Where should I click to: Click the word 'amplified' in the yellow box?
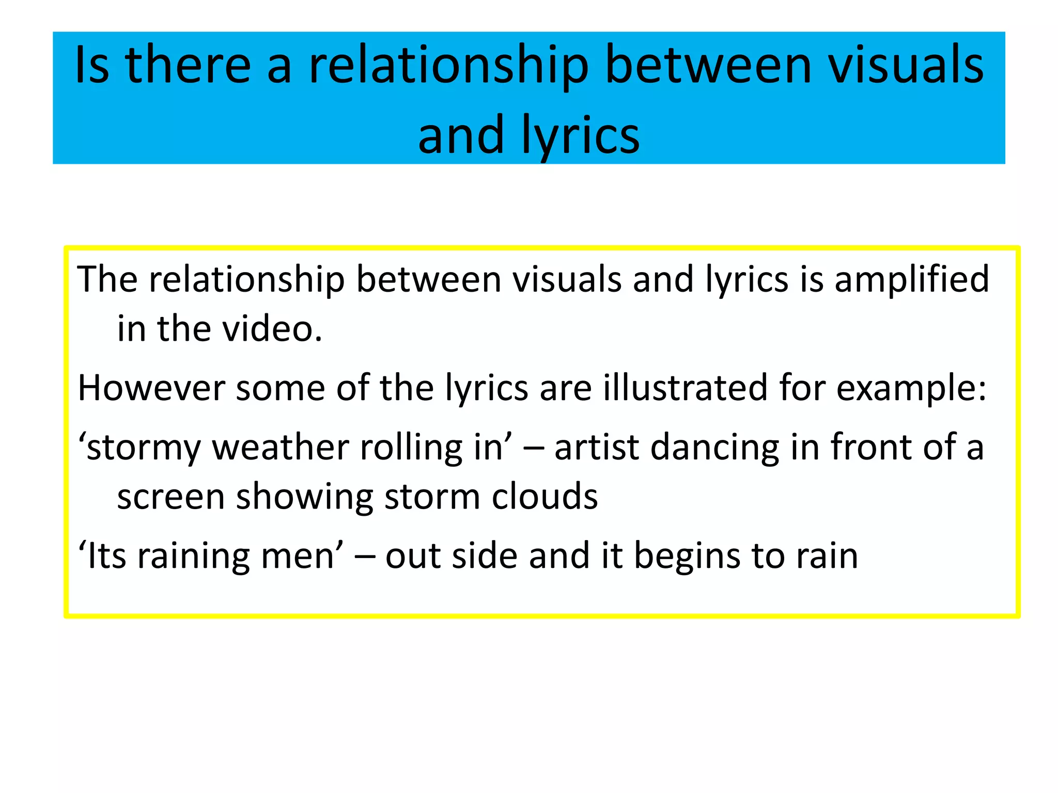[x=911, y=279]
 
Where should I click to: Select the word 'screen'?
[x=171, y=497]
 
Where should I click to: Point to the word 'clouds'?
[x=544, y=496]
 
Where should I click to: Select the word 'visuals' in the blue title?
[x=906, y=65]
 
